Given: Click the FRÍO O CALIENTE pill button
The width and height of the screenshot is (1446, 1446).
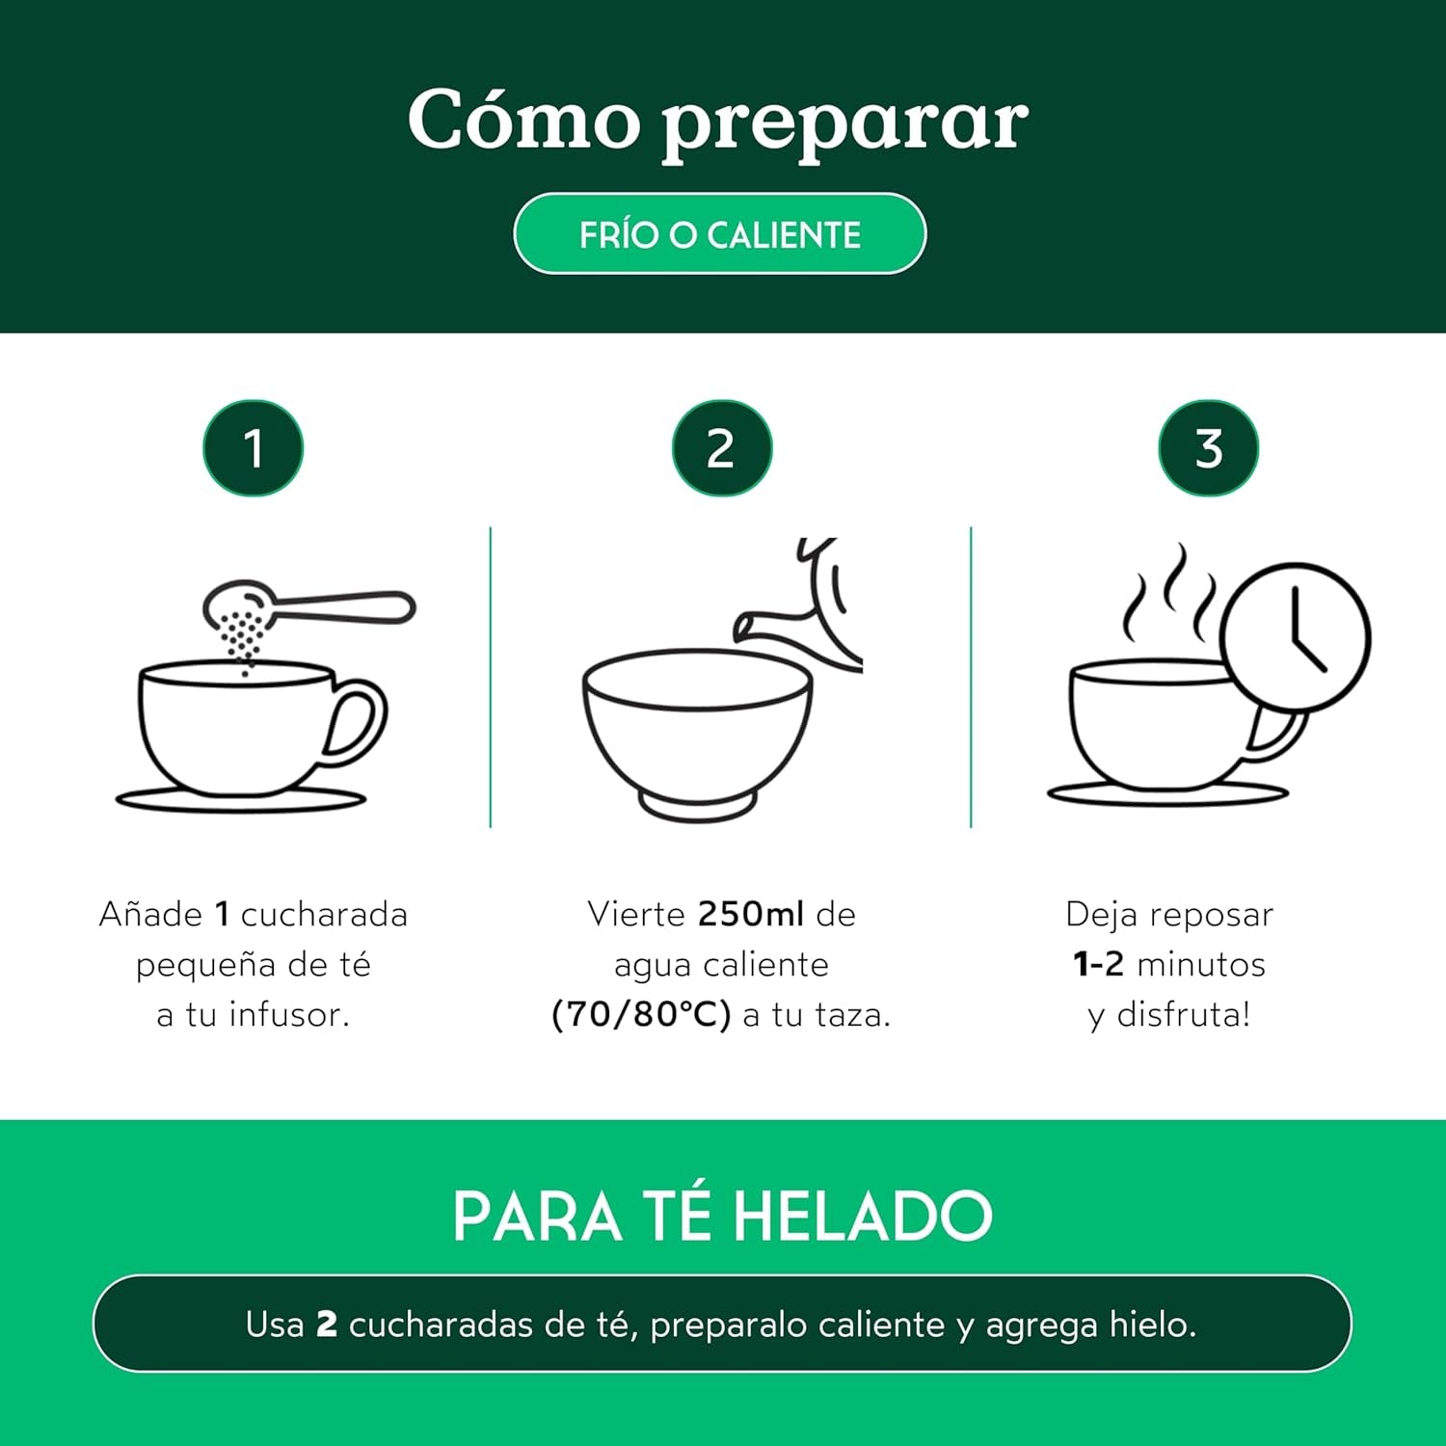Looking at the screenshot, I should click(719, 234).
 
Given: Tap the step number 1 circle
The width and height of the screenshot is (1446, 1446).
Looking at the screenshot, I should click(253, 448).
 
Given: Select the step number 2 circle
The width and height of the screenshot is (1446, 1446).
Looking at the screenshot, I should click(721, 448).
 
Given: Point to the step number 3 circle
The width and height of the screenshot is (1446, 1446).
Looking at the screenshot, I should click(1208, 448).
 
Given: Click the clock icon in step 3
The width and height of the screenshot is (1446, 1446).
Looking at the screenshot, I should click(1294, 637).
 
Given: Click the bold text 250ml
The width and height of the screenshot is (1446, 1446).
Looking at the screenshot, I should click(750, 914).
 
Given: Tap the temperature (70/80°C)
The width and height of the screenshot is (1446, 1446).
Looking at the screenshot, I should click(641, 1015).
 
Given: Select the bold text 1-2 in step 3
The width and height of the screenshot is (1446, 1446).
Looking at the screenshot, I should click(1098, 964).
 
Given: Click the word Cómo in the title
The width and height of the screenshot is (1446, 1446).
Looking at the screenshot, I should click(523, 120).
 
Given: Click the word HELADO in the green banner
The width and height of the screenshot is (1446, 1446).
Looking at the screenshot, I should click(862, 1217).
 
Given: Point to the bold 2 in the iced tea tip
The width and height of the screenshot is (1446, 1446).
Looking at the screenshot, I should click(327, 1325).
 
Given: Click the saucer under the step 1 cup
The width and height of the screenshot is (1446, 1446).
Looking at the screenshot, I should click(241, 799).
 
